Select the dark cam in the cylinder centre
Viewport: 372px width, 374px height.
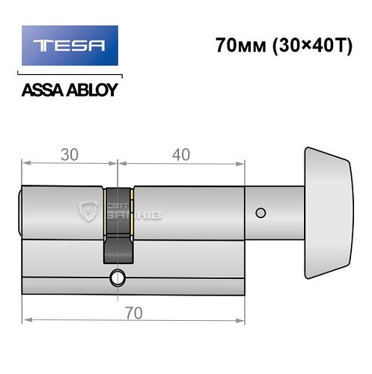coord(117,224)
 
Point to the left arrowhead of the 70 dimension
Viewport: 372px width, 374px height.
coord(25,322)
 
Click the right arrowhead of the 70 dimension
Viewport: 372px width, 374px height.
coord(244,322)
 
